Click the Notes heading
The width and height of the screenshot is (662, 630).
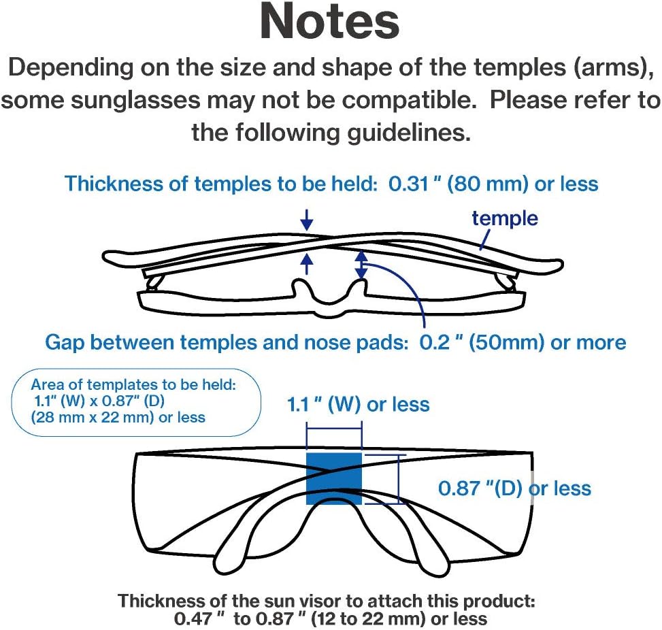click(330, 22)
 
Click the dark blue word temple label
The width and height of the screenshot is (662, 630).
click(505, 218)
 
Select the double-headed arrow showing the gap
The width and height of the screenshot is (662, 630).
click(361, 265)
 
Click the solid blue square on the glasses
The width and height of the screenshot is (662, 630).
click(334, 479)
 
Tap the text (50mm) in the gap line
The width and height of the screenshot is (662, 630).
click(507, 342)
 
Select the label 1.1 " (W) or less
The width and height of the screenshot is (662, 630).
click(359, 405)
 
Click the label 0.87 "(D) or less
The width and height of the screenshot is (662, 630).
click(514, 488)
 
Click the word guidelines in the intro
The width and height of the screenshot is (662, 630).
click(409, 133)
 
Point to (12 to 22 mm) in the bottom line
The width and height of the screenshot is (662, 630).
click(367, 619)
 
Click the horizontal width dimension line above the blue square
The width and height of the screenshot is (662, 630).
click(334, 429)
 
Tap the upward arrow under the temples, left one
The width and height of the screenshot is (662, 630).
click(307, 265)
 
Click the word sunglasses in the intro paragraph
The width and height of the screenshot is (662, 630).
click(135, 101)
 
